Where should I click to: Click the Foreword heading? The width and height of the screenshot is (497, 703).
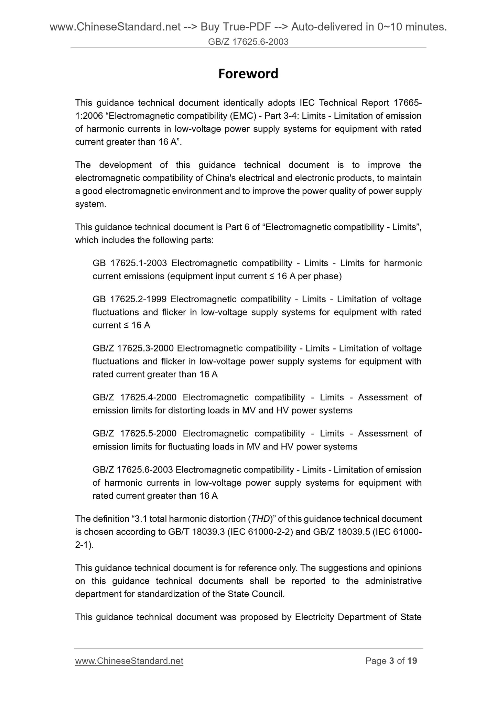[x=248, y=74]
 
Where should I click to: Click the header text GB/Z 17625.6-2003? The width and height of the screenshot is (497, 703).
[x=248, y=42]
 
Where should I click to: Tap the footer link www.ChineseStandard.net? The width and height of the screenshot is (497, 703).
[x=129, y=661]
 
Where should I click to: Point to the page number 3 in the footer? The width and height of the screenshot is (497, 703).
[x=391, y=661]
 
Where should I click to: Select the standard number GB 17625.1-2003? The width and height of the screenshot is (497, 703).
[x=130, y=263]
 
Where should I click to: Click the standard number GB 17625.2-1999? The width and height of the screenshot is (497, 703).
[x=130, y=299]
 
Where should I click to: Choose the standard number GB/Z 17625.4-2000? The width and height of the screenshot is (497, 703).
[x=134, y=397]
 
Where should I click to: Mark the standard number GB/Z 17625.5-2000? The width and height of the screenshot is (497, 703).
[x=134, y=433]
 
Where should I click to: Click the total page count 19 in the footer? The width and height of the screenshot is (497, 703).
[x=412, y=661]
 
